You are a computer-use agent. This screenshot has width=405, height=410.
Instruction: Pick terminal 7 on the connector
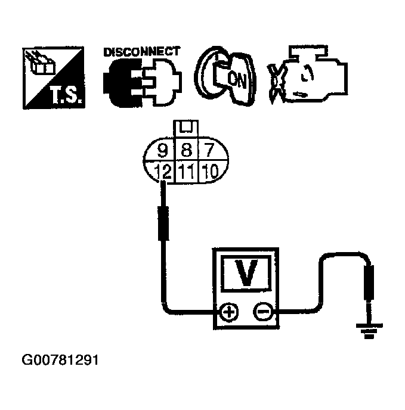[x=209, y=150]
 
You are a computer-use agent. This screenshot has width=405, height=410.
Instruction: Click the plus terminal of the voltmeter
[x=230, y=312]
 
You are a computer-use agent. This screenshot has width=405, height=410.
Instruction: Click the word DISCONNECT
[x=141, y=52]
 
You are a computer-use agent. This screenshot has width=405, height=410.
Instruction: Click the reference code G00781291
[x=60, y=361]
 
